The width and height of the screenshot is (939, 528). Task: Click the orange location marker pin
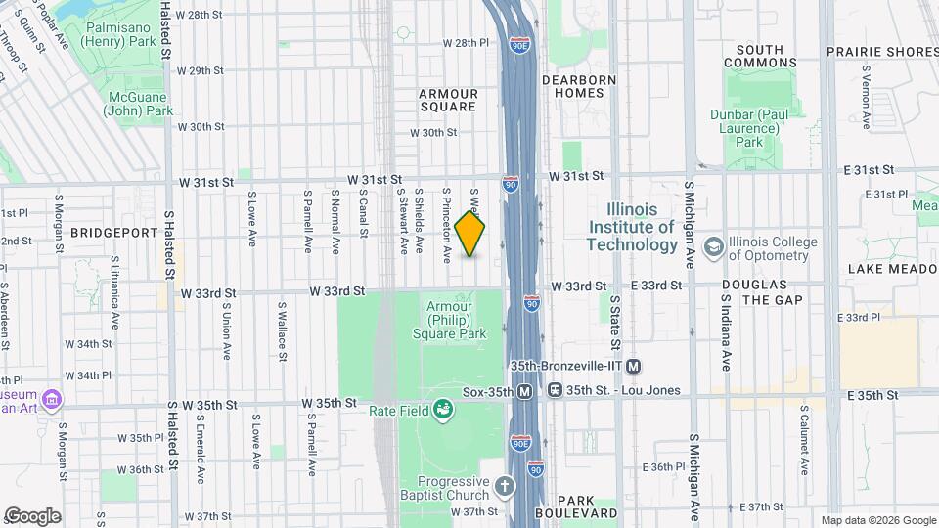[469, 235]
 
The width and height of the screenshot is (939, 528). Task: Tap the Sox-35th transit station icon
[525, 391]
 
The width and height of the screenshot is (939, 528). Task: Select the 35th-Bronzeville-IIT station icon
[633, 367]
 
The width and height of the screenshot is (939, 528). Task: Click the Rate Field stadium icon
[444, 409]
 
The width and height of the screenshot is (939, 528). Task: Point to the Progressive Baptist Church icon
[505, 486]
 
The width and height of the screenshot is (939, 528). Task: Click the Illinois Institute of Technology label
[641, 227]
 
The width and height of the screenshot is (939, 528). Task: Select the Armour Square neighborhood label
[448, 101]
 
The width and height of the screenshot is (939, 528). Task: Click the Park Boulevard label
[581, 504]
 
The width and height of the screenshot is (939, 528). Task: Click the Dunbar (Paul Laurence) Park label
[749, 128]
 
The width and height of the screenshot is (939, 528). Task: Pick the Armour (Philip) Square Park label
[456, 320]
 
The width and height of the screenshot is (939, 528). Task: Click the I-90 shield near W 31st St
[511, 183]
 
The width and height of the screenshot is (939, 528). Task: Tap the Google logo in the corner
[32, 516]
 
